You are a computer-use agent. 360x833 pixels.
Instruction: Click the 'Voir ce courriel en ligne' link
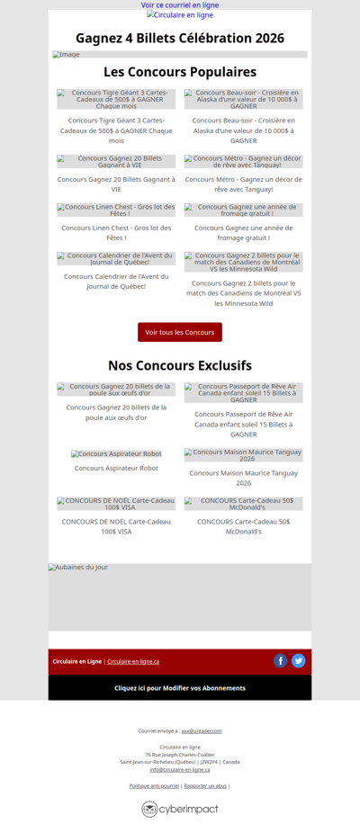pos(180,5)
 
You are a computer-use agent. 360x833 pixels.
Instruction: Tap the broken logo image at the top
pos(180,15)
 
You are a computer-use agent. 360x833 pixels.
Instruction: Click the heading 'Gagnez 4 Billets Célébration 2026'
pos(180,38)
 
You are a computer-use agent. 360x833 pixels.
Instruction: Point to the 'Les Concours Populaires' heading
pos(180,72)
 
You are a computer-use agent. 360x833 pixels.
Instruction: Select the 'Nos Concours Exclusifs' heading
pos(180,365)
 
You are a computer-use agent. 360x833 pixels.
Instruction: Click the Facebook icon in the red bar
pos(281,661)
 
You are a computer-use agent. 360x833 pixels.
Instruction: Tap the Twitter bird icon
pos(299,661)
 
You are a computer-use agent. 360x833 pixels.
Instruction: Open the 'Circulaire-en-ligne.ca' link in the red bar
pos(133,661)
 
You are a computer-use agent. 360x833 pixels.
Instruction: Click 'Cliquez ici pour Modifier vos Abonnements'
pos(180,688)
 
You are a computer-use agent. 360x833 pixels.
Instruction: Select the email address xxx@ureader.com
pos(202,731)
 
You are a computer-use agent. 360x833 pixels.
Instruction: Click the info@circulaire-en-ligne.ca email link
pos(180,769)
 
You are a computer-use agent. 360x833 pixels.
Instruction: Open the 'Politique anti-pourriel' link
pos(154,786)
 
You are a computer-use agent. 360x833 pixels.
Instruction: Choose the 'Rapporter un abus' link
pos(205,786)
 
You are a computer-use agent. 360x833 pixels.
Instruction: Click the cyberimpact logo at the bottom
pos(180,809)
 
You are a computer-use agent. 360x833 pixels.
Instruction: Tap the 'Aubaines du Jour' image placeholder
pos(180,596)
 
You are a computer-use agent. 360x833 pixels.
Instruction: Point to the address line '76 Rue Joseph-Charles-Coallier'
pos(180,755)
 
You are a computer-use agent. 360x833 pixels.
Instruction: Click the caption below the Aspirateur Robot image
pos(116,468)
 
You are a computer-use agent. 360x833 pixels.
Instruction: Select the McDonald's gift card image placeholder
pos(244,503)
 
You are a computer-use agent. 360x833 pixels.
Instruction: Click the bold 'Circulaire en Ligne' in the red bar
pos(76,661)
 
